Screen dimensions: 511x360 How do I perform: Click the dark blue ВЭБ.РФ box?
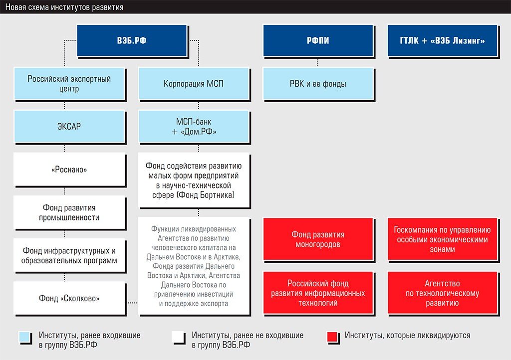click(132, 41)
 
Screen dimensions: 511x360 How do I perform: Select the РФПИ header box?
click(318, 41)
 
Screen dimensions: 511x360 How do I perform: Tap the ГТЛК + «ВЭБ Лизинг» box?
click(442, 41)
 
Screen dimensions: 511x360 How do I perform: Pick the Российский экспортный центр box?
click(69, 84)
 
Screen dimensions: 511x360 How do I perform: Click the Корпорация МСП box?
click(194, 84)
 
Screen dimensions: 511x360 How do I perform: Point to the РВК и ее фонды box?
click(318, 84)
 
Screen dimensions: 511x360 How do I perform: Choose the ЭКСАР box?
click(69, 126)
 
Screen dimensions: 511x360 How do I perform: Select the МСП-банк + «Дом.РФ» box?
click(194, 126)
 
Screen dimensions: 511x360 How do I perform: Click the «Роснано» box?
click(69, 169)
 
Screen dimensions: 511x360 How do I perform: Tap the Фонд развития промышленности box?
click(69, 212)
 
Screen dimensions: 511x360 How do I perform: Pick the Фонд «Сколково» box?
click(69, 298)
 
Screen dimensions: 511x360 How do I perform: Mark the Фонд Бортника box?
click(194, 180)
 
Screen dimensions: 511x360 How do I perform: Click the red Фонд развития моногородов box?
click(318, 239)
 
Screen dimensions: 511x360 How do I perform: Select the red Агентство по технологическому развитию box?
click(442, 293)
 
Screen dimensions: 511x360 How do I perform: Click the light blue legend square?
click(25, 337)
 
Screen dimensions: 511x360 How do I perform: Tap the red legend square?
click(332, 337)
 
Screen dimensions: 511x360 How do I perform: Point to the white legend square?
click(178, 337)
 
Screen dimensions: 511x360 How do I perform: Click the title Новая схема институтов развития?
click(64, 7)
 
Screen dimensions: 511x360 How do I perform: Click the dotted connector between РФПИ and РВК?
click(318, 62)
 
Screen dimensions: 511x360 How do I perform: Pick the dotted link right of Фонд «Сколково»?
click(132, 303)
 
